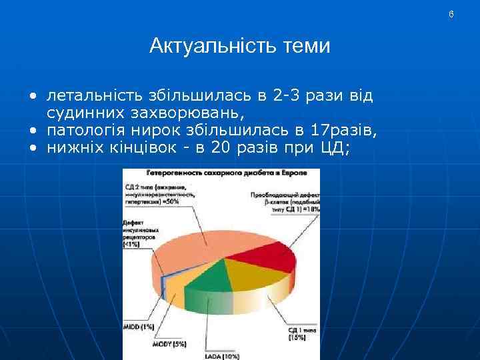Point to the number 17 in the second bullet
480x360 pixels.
(313, 131)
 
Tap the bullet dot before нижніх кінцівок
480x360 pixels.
(31, 149)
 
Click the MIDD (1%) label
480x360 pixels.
(139, 327)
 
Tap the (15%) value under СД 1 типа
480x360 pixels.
(297, 338)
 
